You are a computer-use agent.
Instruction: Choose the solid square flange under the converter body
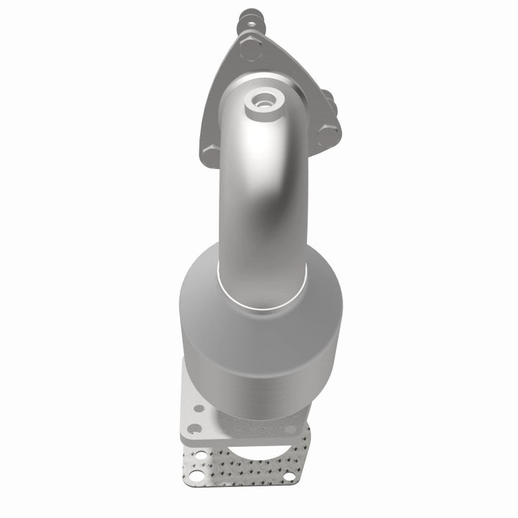click(201, 417)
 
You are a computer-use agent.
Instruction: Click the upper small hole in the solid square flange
click(199, 408)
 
